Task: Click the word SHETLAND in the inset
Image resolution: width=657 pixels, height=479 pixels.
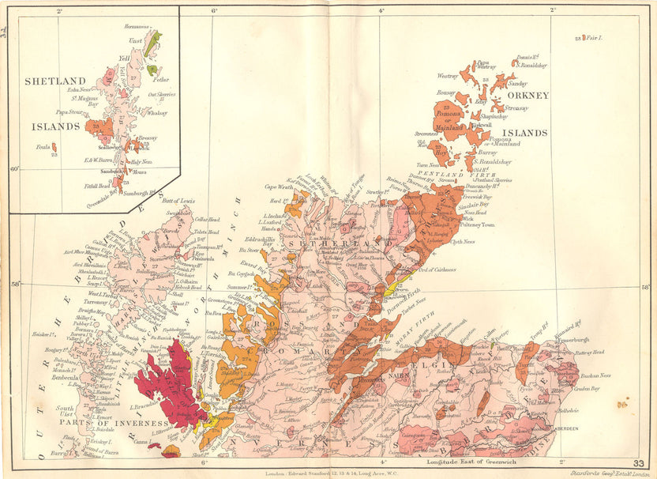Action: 54,81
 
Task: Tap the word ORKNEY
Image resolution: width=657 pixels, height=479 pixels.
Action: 531,95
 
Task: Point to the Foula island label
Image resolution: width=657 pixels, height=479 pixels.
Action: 46,146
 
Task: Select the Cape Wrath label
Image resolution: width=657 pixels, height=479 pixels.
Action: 279,187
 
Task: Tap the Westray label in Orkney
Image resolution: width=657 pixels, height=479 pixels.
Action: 448,76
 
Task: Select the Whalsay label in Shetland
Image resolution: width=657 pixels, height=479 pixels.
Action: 157,113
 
